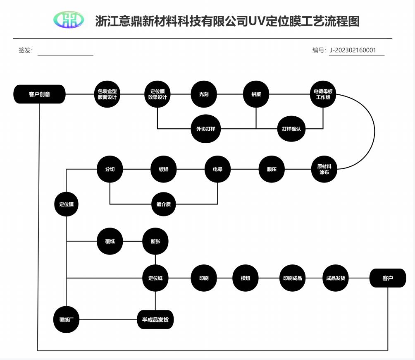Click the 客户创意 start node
(40, 94)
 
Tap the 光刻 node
(204, 94)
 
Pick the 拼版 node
(256, 94)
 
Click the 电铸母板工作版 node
(323, 94)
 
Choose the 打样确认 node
(291, 129)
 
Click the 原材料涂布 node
(324, 169)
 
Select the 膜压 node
(272, 169)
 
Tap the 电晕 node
(217, 169)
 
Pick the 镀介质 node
(164, 204)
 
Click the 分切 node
(110, 169)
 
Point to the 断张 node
(155, 241)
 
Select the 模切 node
(246, 278)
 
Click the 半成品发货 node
(155, 319)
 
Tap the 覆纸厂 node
(66, 319)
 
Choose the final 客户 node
(388, 278)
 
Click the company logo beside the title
(69, 20)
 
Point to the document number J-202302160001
(353, 50)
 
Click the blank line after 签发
(65, 51)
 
